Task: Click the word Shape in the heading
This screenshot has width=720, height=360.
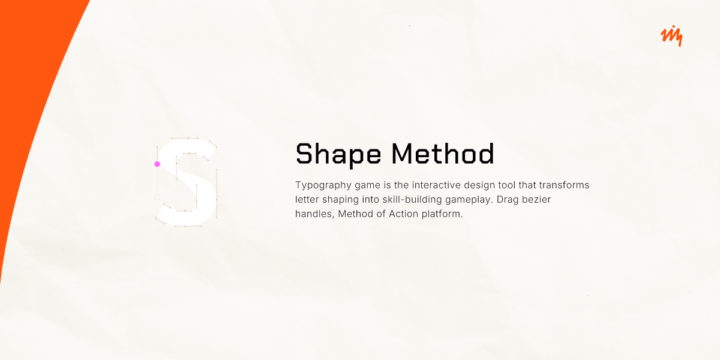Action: tap(338, 154)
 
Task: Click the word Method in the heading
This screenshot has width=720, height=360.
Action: tap(443, 154)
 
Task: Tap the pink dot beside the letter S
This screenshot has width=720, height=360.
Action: tap(157, 164)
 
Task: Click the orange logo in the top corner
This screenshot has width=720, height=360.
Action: tap(671, 37)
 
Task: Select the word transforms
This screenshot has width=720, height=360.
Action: tap(564, 185)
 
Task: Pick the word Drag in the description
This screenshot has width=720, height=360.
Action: tap(508, 199)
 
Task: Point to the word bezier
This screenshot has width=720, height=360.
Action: tap(537, 199)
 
